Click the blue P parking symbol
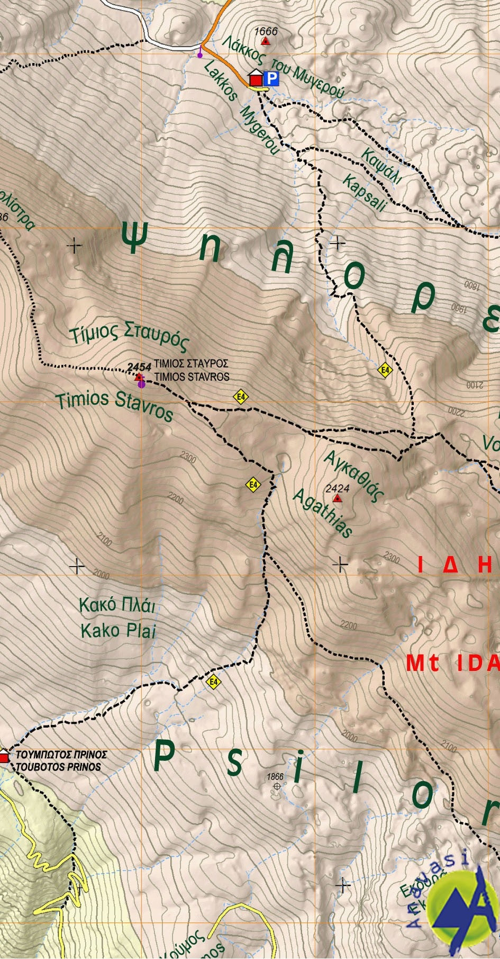(x=271, y=79)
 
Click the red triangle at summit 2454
(x=139, y=377)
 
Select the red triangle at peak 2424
(x=337, y=498)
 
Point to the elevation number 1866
(x=276, y=777)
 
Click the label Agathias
(x=322, y=512)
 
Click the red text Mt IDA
(x=452, y=663)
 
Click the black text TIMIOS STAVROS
(x=192, y=377)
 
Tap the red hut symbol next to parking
(x=256, y=79)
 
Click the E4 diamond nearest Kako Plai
(x=213, y=682)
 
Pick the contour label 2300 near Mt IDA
(x=392, y=557)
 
